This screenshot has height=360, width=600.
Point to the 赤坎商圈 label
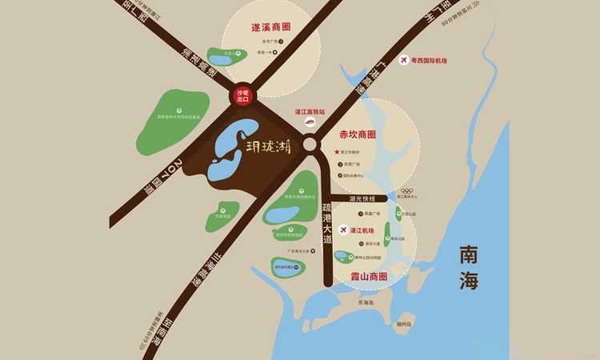coord(358,134)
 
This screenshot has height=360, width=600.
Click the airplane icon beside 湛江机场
coord(344,230)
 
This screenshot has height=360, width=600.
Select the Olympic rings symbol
coord(406,190)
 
